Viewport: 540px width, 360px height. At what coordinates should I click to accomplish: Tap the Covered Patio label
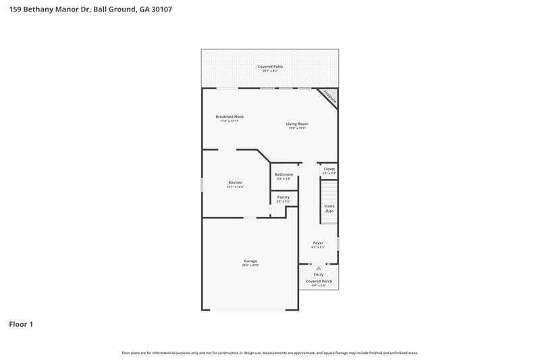click(x=270, y=67)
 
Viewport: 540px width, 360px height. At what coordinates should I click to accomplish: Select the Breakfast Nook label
click(x=230, y=116)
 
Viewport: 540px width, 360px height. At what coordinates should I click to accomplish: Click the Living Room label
click(x=297, y=124)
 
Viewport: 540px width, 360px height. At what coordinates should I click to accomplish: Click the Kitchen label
click(x=235, y=182)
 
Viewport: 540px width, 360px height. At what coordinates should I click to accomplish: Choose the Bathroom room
click(x=283, y=176)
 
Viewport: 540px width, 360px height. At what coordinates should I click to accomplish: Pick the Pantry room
click(x=283, y=199)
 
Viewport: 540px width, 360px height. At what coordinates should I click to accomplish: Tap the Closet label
click(x=329, y=169)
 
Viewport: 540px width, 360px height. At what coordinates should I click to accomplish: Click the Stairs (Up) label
click(x=329, y=208)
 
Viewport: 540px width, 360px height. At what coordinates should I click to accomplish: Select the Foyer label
click(x=318, y=242)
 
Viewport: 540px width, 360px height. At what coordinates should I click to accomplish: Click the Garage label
click(x=250, y=261)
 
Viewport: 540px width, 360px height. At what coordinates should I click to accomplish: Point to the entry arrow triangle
click(x=319, y=268)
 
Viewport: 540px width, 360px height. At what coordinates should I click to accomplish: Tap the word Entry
click(x=319, y=274)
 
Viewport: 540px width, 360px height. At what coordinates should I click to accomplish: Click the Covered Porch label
click(x=319, y=281)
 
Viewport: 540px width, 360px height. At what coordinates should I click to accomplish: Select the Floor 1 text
click(x=21, y=324)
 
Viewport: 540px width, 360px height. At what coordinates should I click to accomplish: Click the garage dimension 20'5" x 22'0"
click(x=250, y=265)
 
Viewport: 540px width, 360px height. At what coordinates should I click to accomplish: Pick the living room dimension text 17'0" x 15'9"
click(x=297, y=128)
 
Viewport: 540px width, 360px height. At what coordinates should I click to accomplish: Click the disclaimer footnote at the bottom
click(x=270, y=353)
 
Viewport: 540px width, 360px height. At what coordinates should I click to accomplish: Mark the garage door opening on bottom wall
click(x=250, y=310)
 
